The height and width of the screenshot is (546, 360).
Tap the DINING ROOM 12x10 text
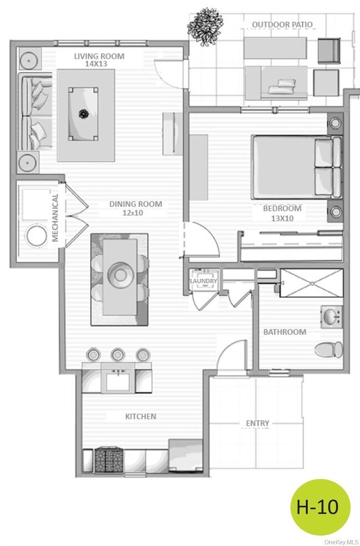[135, 208]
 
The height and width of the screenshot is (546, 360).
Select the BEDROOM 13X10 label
[282, 213]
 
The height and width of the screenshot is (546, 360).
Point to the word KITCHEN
[141, 416]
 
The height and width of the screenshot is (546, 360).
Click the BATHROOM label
[284, 332]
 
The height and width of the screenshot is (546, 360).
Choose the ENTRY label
[258, 423]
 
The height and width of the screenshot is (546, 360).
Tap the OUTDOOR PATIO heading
[282, 25]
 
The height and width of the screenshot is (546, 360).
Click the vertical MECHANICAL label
[55, 218]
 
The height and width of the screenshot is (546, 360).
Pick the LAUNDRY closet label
[203, 282]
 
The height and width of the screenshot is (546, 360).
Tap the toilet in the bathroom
[328, 349]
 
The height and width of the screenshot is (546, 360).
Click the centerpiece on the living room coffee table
[84, 114]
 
